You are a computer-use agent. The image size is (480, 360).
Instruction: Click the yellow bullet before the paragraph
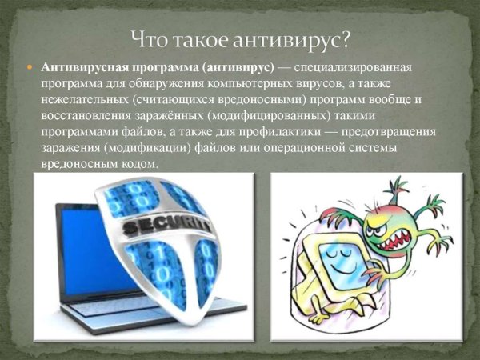tap(30, 68)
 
